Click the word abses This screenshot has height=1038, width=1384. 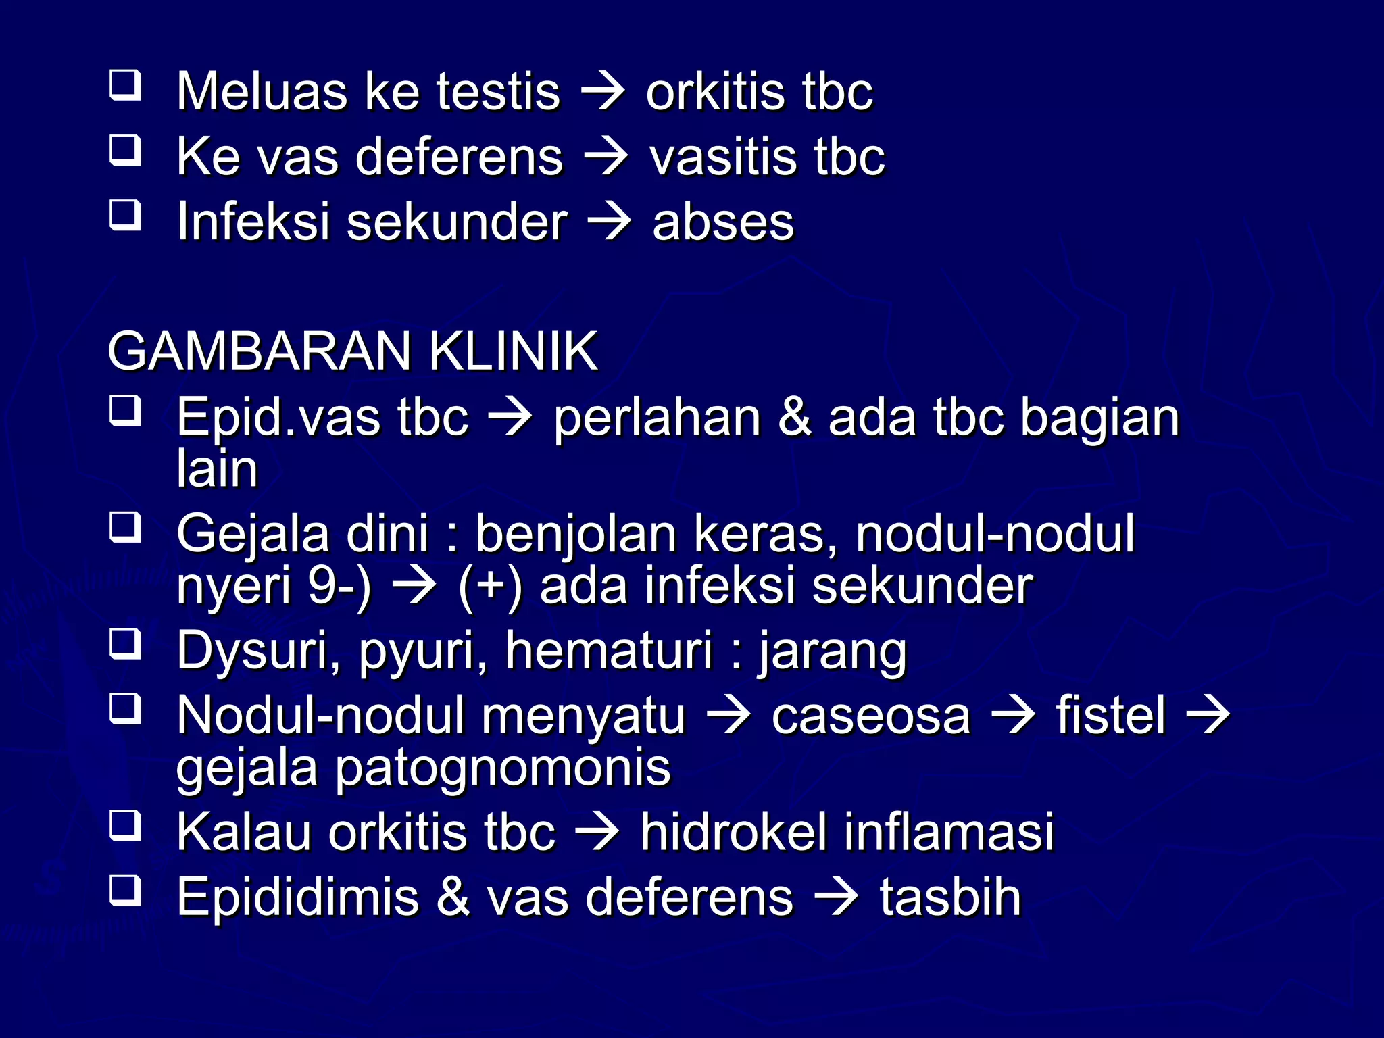click(722, 222)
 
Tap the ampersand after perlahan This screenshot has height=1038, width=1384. click(795, 418)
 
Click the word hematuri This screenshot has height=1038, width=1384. click(609, 650)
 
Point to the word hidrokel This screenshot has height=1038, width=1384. click(733, 832)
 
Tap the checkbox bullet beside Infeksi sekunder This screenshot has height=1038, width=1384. click(125, 216)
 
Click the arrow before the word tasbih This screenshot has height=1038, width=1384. click(836, 897)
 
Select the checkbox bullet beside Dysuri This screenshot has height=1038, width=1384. click(125, 644)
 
